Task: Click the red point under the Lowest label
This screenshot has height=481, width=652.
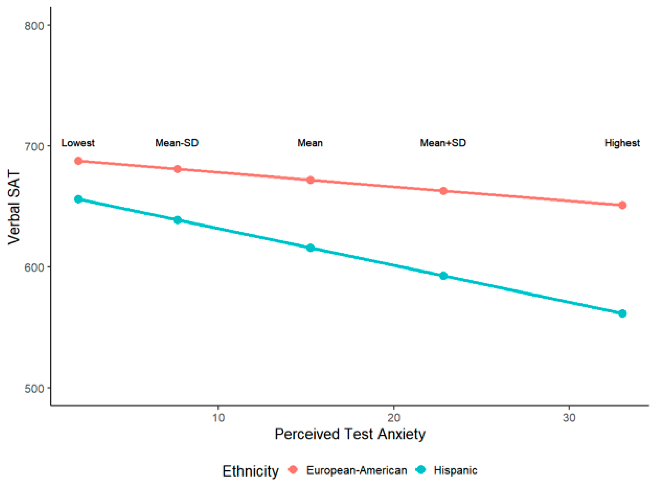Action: pos(78,161)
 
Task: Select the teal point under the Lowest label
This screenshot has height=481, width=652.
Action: pos(78,200)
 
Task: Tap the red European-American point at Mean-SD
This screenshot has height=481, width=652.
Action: pos(177,169)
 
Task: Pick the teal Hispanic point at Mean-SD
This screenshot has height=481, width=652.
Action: pos(177,220)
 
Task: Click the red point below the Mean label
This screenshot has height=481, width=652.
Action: pos(310,180)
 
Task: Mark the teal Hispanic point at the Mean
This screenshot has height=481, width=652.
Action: pos(310,248)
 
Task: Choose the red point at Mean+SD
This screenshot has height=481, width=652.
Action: pos(443,191)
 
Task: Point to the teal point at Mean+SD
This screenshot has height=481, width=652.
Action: pos(443,276)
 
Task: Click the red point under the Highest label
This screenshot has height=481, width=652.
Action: pos(622,205)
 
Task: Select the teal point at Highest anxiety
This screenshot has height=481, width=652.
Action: pos(622,314)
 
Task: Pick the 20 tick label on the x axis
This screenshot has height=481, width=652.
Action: pos(394,418)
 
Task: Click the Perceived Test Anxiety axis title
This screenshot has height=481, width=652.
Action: pos(350,434)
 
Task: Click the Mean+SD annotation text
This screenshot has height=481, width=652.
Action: pos(443,143)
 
